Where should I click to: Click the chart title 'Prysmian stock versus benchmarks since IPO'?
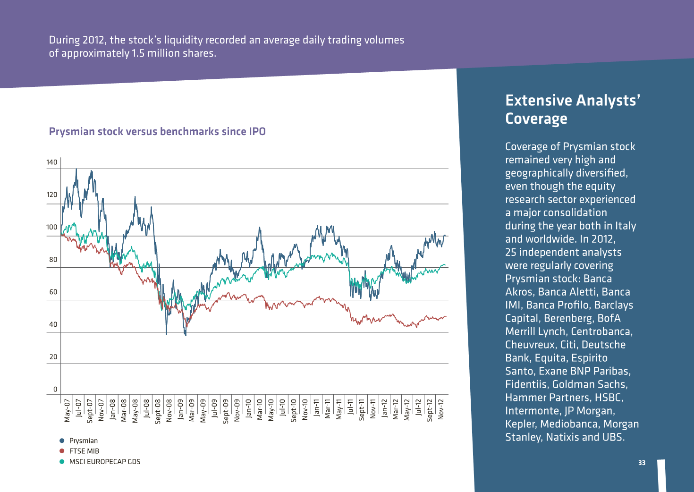(x=157, y=132)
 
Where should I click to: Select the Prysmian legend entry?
(x=79, y=441)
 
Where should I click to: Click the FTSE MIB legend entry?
(x=79, y=451)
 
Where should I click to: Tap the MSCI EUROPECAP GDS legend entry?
(x=100, y=462)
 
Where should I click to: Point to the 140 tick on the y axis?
(x=52, y=162)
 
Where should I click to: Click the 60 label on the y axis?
(x=53, y=292)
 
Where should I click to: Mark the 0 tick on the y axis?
(x=55, y=389)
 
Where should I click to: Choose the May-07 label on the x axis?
(x=67, y=410)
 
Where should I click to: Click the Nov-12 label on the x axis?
(x=441, y=409)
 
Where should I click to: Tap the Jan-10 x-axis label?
(x=248, y=408)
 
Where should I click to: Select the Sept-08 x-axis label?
(x=158, y=411)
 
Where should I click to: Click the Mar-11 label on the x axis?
(x=328, y=409)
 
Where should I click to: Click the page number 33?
(x=642, y=463)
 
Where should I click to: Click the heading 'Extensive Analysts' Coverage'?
(x=573, y=110)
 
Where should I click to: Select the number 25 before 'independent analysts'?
(x=511, y=252)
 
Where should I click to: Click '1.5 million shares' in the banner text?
(x=173, y=53)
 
